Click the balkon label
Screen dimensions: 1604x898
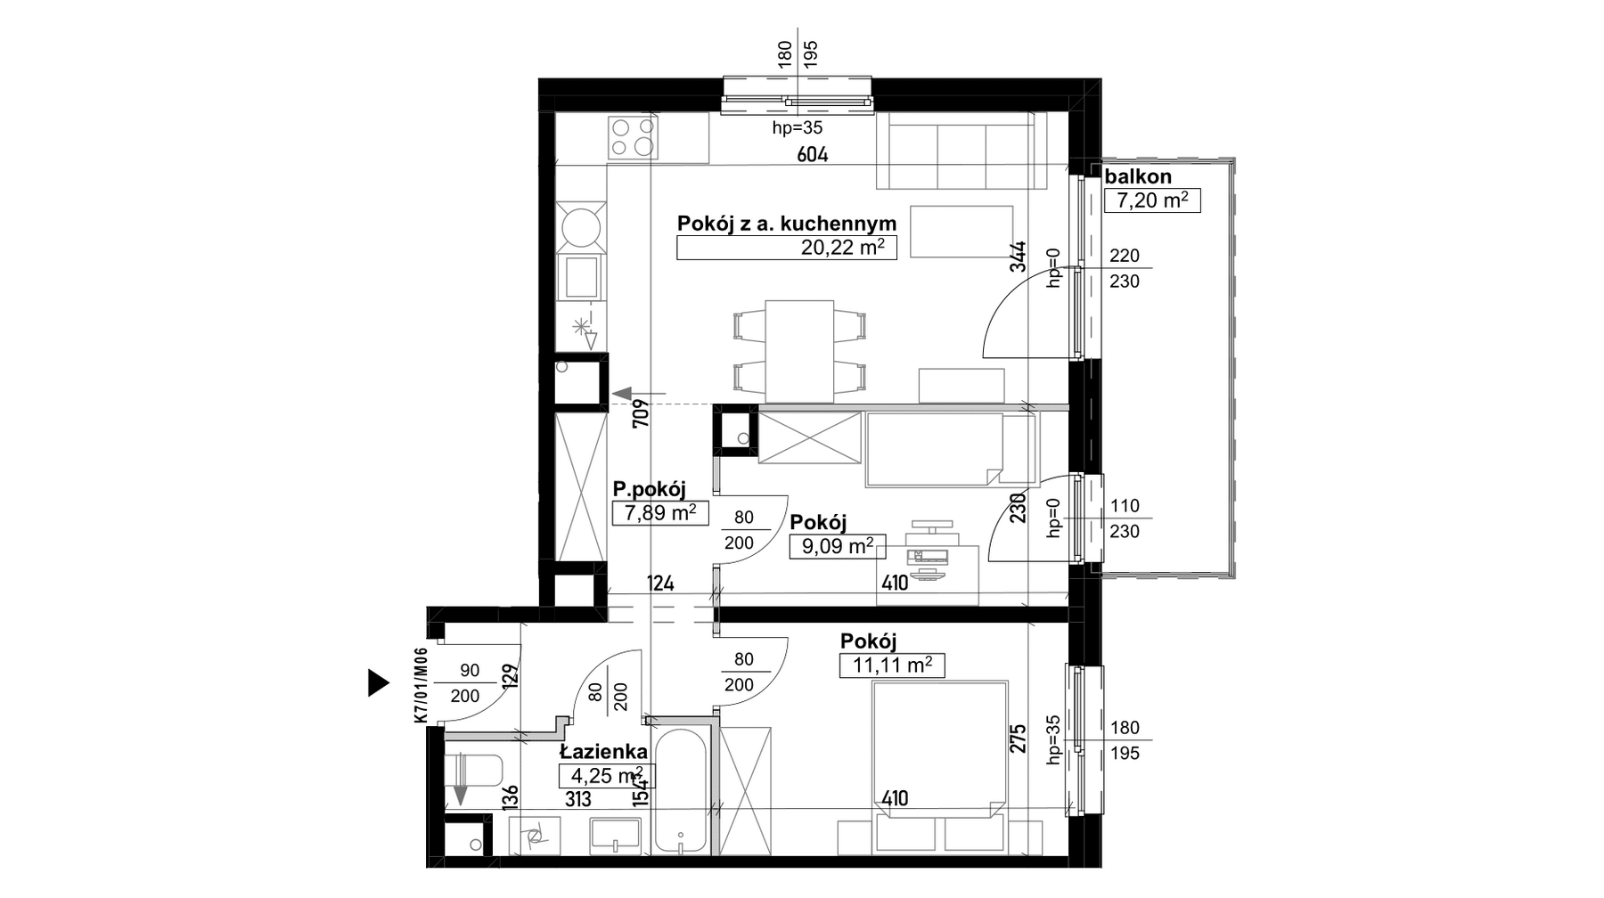tap(1138, 176)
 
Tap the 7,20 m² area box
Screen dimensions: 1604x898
tap(1152, 200)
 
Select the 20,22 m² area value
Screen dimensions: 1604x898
tap(842, 248)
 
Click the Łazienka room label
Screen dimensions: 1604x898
tap(603, 753)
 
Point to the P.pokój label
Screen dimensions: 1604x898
tap(649, 489)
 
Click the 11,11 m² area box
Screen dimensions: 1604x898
tap(892, 665)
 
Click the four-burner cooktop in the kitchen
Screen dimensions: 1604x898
tap(632, 137)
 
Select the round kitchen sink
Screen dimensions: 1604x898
tap(580, 226)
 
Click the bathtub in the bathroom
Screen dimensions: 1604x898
tap(681, 793)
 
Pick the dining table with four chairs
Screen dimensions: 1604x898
tap(799, 351)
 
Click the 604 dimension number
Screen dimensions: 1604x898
tap(812, 155)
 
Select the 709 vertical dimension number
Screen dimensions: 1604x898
tap(640, 415)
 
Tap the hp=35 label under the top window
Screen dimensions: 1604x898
tap(797, 128)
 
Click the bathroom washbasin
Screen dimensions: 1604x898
tap(615, 835)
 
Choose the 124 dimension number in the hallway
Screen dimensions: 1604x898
tap(660, 584)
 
